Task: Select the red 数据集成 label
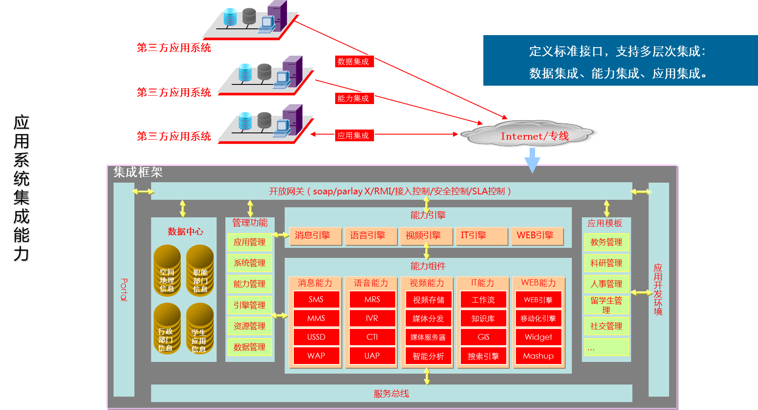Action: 354,61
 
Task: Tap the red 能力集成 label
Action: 354,98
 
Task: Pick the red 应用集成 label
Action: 354,135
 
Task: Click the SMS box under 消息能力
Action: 316,299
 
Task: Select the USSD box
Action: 316,337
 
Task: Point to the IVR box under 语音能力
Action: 372,318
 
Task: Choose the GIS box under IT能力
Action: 483,337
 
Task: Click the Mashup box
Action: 538,356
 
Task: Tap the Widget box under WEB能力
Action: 538,337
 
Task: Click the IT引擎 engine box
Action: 480,235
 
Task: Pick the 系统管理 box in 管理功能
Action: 250,263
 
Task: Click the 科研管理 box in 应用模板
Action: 606,263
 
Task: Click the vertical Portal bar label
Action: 124,289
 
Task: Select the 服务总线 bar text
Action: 391,393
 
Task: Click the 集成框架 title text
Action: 138,172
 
